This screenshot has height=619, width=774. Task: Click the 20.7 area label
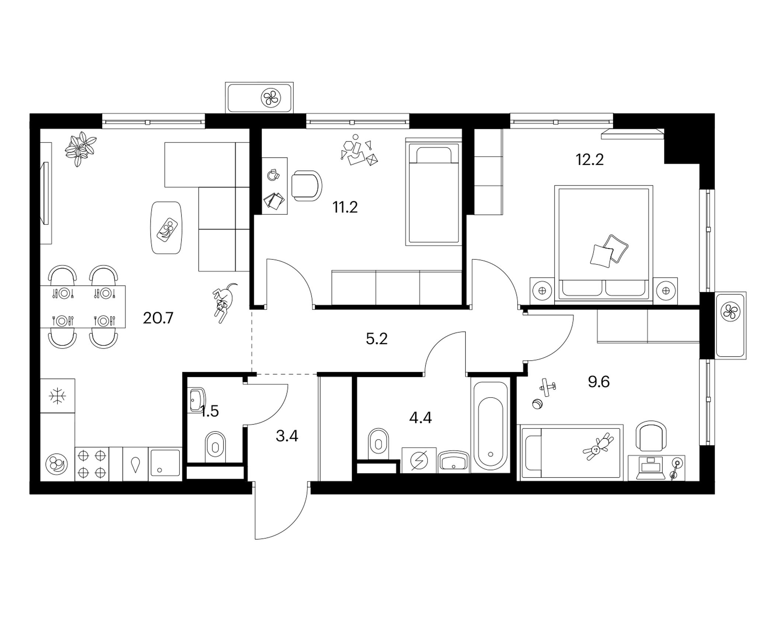click(158, 318)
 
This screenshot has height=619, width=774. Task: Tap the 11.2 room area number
click(345, 207)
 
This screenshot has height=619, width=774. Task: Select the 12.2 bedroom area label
click(590, 160)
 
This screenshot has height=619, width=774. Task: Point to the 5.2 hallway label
click(377, 339)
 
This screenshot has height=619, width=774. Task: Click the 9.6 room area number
click(599, 382)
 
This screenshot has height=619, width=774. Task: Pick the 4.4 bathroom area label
click(421, 418)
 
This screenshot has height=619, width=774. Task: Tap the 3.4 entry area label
click(287, 436)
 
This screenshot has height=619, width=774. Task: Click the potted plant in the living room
click(80, 149)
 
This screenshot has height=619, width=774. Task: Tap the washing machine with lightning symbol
click(419, 460)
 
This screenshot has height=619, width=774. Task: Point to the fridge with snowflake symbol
click(57, 396)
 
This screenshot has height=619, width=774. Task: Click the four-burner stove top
click(92, 464)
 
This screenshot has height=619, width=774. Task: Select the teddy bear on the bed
click(598, 447)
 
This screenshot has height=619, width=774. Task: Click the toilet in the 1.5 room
click(215, 446)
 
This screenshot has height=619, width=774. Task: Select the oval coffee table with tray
click(167, 227)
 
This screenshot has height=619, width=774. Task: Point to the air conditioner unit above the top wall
click(259, 98)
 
